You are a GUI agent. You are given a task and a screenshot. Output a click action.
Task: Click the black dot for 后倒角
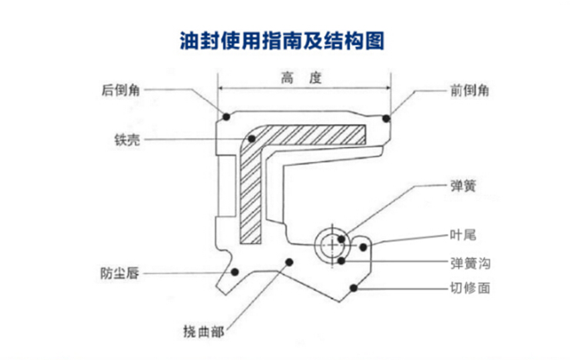[x=227, y=117]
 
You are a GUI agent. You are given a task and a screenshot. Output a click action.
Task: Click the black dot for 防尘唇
[x=235, y=272]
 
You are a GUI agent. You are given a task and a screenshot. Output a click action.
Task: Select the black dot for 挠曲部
[x=290, y=261]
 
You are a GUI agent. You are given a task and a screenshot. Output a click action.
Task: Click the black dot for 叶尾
[x=363, y=247]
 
